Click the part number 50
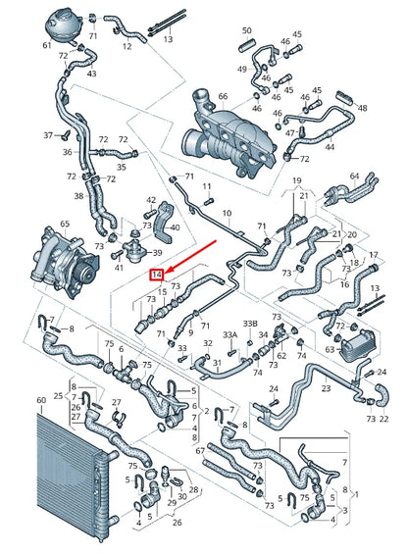pyautogui.click(x=246, y=31)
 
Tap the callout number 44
pyautogui.click(x=330, y=148)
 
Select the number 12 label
pyautogui.click(x=127, y=45)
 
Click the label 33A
pyautogui.click(x=230, y=335)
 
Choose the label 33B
pyautogui.click(x=250, y=322)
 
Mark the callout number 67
pyautogui.click(x=201, y=450)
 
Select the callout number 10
pyautogui.click(x=228, y=213)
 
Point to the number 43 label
pyautogui.click(x=92, y=74)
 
